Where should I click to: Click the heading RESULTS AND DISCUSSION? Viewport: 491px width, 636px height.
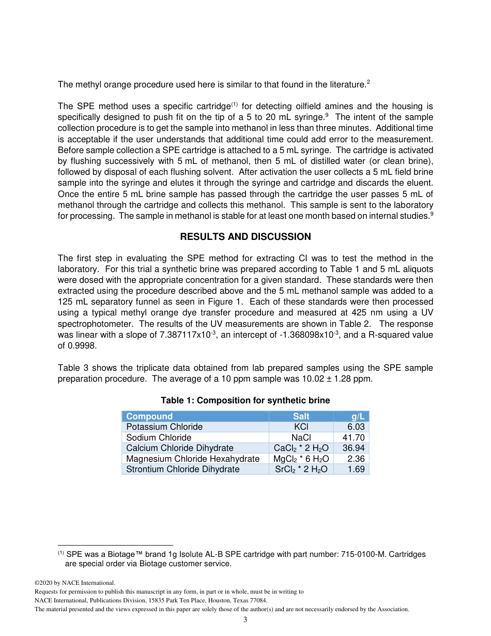point(245,237)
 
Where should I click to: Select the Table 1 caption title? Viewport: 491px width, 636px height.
point(245,401)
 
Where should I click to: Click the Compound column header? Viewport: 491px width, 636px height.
point(149,416)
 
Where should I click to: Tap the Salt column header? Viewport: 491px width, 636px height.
point(301,416)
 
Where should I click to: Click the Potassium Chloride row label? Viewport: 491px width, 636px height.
point(164,427)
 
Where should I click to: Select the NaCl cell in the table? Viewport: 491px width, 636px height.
point(301,437)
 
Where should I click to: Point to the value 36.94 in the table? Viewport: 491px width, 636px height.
point(354,448)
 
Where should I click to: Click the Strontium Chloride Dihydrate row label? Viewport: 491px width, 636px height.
point(182,470)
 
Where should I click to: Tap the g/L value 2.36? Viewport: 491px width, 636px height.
point(356,459)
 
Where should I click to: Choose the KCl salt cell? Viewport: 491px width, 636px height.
point(301,427)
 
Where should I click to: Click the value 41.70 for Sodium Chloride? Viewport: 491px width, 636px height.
point(354,437)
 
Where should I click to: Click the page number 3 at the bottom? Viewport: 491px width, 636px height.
point(245,620)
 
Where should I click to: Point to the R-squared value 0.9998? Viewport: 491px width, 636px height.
point(72,346)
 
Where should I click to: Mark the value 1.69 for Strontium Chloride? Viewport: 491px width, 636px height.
point(356,470)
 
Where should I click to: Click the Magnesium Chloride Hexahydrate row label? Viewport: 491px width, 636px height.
point(193,459)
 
